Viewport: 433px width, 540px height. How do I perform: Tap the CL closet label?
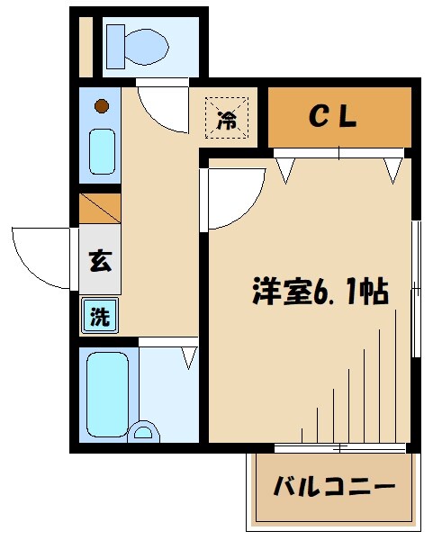[334, 116]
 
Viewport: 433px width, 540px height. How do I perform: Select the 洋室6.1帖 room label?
[319, 292]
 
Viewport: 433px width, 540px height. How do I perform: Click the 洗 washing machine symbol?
[100, 316]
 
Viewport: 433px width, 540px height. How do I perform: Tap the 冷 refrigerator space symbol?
[229, 118]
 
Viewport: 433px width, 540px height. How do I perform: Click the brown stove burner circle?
[102, 106]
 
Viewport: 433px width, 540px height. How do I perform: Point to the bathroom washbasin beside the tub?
[142, 433]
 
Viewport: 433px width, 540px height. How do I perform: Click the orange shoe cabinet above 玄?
[99, 208]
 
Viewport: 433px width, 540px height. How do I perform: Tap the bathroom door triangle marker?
[188, 356]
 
